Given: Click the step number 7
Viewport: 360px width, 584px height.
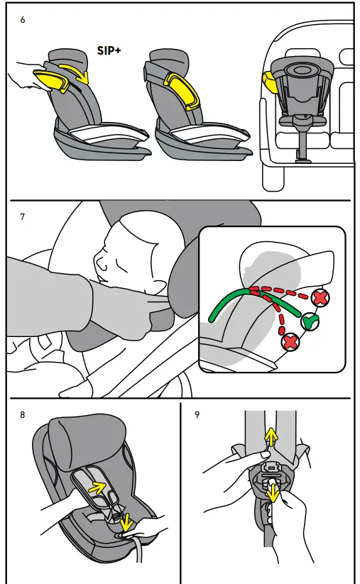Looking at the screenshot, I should click(23, 216).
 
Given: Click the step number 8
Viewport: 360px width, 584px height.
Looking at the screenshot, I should click(23, 414).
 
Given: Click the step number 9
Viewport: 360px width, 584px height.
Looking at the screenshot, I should click(197, 414).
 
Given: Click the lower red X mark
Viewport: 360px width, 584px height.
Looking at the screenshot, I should click(290, 343).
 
